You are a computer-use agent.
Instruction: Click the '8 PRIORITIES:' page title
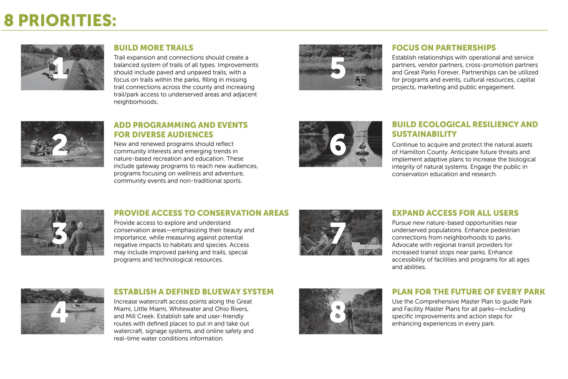(x=60, y=20)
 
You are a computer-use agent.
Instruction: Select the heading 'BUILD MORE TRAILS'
(x=153, y=48)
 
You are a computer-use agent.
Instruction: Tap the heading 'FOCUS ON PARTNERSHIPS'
(x=444, y=48)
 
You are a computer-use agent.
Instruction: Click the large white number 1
(x=60, y=67)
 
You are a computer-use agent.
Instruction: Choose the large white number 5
(x=338, y=67)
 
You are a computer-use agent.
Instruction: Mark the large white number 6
(x=338, y=144)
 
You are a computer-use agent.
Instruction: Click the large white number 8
(x=338, y=312)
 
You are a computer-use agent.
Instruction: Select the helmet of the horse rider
(x=335, y=214)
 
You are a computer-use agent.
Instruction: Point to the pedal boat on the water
(x=360, y=80)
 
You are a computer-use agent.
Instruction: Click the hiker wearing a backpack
(x=350, y=317)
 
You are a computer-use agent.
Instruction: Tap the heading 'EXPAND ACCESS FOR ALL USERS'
(x=455, y=213)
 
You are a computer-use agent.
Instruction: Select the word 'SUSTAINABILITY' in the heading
(x=424, y=134)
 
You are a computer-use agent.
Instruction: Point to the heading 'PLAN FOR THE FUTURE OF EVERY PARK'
(x=468, y=292)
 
